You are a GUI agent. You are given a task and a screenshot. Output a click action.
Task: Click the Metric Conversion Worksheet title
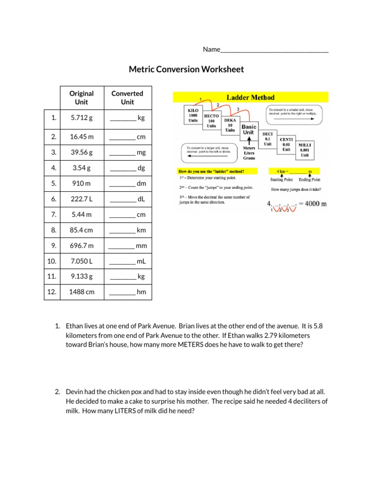(x=186, y=69)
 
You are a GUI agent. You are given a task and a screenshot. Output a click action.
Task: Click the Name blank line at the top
(x=274, y=50)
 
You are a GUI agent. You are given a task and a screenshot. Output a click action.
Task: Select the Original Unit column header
(x=81, y=98)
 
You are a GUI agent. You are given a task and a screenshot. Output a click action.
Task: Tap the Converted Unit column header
(x=127, y=98)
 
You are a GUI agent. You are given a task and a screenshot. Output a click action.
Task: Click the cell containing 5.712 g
(x=81, y=118)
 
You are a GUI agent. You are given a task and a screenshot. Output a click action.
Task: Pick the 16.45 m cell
(x=81, y=137)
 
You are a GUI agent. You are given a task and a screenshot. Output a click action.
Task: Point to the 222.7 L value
(x=81, y=199)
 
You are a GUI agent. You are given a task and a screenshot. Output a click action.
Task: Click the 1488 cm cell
(x=81, y=292)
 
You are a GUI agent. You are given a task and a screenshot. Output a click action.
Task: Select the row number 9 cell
(x=52, y=246)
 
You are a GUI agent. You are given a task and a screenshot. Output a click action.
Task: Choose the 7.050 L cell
(x=81, y=261)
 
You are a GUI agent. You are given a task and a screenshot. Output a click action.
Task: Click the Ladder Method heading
(x=251, y=98)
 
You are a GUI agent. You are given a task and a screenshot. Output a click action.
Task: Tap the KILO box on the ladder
(x=193, y=116)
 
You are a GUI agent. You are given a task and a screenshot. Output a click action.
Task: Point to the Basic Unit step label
(x=249, y=130)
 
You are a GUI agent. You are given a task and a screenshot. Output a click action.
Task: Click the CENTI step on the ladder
(x=287, y=144)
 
